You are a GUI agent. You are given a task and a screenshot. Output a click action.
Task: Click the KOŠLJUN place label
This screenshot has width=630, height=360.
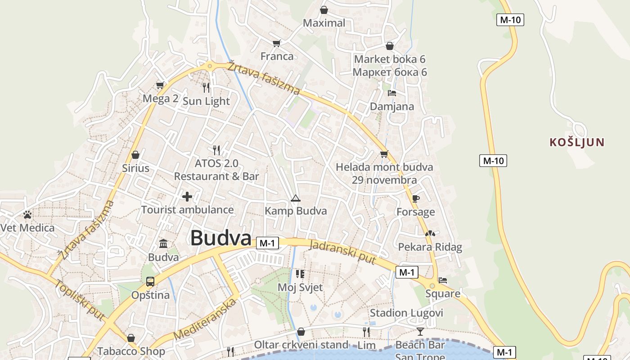pyautogui.click(x=577, y=143)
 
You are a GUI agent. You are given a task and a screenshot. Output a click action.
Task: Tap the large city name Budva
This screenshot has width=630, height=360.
pyautogui.click(x=220, y=238)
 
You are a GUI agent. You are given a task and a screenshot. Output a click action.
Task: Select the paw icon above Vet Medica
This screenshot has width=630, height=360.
pyautogui.click(x=27, y=215)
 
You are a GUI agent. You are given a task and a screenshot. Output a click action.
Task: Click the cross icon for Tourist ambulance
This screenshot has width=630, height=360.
pyautogui.click(x=187, y=197)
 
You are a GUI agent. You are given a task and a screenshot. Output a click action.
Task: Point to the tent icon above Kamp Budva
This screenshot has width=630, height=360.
pyautogui.click(x=295, y=198)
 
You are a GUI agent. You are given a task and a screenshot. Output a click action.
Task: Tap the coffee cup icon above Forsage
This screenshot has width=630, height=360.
pyautogui.click(x=415, y=198)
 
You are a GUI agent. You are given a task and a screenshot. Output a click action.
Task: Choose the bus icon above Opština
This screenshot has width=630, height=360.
pyautogui.click(x=150, y=282)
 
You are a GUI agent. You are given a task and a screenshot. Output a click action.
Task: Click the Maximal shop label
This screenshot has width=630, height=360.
pyautogui.click(x=324, y=23)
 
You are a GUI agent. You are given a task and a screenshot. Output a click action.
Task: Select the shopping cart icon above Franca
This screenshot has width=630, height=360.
pyautogui.click(x=277, y=43)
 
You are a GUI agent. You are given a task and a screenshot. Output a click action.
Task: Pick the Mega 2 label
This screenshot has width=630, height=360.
pyautogui.click(x=161, y=99)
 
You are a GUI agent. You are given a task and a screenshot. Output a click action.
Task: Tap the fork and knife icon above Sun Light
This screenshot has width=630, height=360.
pyautogui.click(x=206, y=87)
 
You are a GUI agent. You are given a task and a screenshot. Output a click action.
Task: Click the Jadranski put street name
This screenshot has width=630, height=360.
pyautogui.click(x=343, y=252)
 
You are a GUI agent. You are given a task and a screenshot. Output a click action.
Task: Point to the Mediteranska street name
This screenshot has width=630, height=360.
pyautogui.click(x=205, y=319)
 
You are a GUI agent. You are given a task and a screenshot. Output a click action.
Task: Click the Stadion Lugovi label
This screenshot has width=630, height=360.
pyautogui.click(x=406, y=313)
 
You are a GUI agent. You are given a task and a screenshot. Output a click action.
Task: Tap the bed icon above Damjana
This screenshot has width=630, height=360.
pyautogui.click(x=392, y=93)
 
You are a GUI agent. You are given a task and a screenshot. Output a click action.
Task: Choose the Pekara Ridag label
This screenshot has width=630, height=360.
pyautogui.click(x=430, y=247)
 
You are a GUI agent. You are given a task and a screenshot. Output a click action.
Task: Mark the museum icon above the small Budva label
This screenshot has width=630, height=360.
pyautogui.click(x=163, y=244)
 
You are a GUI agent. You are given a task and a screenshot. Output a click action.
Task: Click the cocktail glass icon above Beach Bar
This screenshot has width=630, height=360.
pyautogui.click(x=420, y=332)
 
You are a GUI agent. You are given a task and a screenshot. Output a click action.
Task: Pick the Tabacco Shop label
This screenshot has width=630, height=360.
pyautogui.click(x=131, y=351)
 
